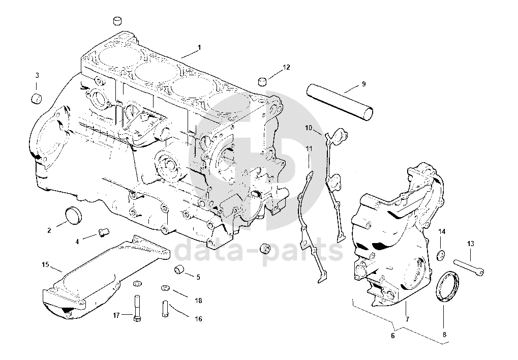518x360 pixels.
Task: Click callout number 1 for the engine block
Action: point(199,47)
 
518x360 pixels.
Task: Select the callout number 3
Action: point(37,76)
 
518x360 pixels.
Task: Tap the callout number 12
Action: point(286,67)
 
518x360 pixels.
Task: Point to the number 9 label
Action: point(364,83)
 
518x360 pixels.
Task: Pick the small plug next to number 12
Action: point(263,81)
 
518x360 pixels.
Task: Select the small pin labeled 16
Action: point(165,308)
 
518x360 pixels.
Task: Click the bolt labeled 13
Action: point(468,266)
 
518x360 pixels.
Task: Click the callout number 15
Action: point(45,265)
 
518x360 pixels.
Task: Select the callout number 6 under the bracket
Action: point(392,336)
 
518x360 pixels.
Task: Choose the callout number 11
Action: point(309,148)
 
